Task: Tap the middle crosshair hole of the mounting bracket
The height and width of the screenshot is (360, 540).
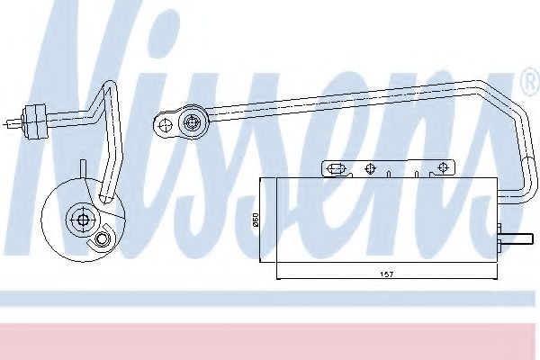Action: point(370,166)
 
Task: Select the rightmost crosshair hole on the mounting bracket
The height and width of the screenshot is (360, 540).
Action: point(442,166)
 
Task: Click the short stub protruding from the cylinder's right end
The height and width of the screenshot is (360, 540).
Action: point(510,240)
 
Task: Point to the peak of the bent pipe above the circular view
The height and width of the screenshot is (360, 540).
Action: point(111,85)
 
